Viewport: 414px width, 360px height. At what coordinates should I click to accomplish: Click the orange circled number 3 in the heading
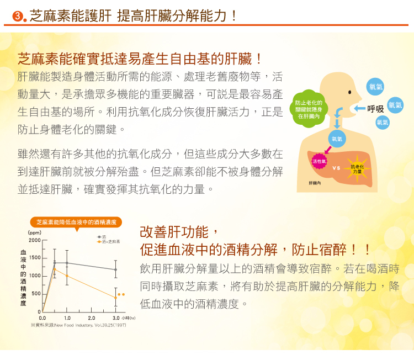click(18, 17)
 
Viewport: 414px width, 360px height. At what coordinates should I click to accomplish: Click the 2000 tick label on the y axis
click(35, 240)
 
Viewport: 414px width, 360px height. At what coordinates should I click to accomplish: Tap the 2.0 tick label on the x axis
click(91, 318)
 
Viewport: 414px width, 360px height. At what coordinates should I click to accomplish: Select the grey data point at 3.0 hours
click(115, 269)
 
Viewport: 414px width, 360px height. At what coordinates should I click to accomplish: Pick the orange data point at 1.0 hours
click(67, 276)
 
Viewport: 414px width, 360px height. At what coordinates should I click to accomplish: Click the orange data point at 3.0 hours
click(115, 298)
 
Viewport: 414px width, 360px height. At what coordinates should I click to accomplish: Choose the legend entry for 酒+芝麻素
click(109, 242)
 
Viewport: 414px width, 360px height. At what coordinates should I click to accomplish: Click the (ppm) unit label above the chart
click(35, 232)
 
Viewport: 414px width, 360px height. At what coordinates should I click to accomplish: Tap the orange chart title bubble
click(76, 223)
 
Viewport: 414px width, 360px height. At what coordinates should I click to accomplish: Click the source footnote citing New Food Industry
click(78, 325)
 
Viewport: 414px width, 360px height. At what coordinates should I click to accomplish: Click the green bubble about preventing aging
click(309, 110)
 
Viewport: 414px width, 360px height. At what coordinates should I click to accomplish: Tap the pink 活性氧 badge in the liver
click(319, 161)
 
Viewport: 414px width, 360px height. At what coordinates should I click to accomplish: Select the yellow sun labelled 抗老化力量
click(357, 169)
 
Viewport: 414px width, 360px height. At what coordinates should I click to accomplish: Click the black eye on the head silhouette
click(349, 92)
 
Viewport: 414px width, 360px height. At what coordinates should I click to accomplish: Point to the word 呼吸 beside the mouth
click(375, 109)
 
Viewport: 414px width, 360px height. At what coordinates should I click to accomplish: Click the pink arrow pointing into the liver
click(328, 150)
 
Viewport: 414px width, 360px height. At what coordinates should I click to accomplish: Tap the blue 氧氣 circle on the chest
click(337, 139)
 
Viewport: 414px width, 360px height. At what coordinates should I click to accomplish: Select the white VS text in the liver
click(336, 168)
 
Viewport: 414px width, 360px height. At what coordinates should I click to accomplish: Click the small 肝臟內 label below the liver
click(315, 183)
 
